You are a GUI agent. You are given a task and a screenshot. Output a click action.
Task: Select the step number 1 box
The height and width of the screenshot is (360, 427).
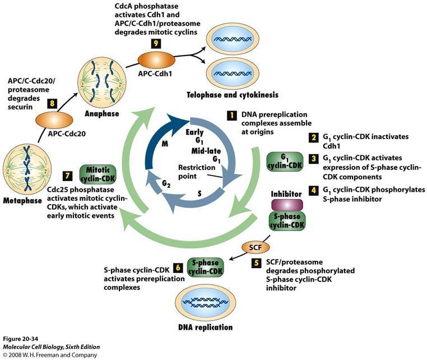tap(230, 116)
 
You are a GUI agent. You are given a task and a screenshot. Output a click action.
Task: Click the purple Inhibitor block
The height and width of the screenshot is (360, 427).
tap(287, 204)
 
